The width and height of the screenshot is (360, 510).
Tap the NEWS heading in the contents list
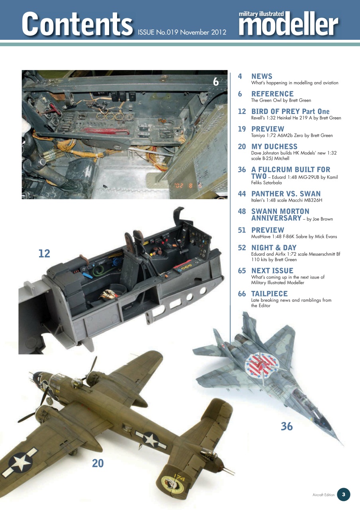click(262, 76)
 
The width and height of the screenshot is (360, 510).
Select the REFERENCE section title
click(272, 94)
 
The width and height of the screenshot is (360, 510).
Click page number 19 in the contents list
click(242, 129)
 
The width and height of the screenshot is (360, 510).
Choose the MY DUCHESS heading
click(274, 146)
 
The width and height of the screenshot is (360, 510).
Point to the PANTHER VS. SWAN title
click(286, 194)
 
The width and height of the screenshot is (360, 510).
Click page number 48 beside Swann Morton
click(242, 211)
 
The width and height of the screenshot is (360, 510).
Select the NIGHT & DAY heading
click(274, 247)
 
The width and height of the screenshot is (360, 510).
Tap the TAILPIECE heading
click(269, 294)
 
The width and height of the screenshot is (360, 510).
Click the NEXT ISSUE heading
click(272, 271)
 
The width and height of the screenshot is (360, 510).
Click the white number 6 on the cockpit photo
click(216, 82)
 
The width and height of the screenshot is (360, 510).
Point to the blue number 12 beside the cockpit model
click(44, 253)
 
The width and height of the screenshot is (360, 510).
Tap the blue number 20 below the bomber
click(98, 463)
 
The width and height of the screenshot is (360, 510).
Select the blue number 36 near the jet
click(287, 426)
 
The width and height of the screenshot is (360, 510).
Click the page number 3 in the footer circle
click(344, 494)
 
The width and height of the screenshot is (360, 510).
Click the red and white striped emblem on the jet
click(260, 364)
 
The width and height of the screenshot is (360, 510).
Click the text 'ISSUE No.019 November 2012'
click(182, 32)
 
